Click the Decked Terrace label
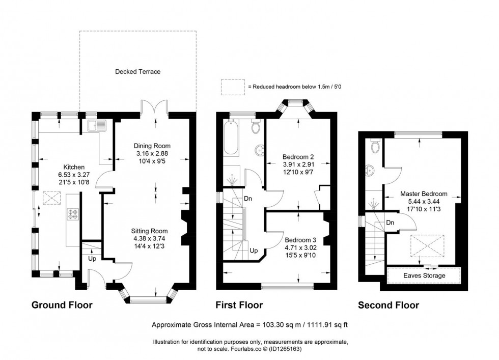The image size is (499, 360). [x=137, y=72]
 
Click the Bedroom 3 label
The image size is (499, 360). [x=300, y=240]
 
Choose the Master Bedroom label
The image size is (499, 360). [x=424, y=193]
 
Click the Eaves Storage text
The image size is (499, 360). [x=424, y=275]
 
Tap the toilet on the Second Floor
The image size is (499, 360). [x=376, y=146]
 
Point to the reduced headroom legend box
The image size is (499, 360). [x=232, y=87]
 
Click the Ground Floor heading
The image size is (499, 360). [x=62, y=305]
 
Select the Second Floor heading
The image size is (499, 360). [x=389, y=305]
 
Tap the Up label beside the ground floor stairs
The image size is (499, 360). [x=93, y=259]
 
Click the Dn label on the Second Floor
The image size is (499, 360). [x=391, y=223]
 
